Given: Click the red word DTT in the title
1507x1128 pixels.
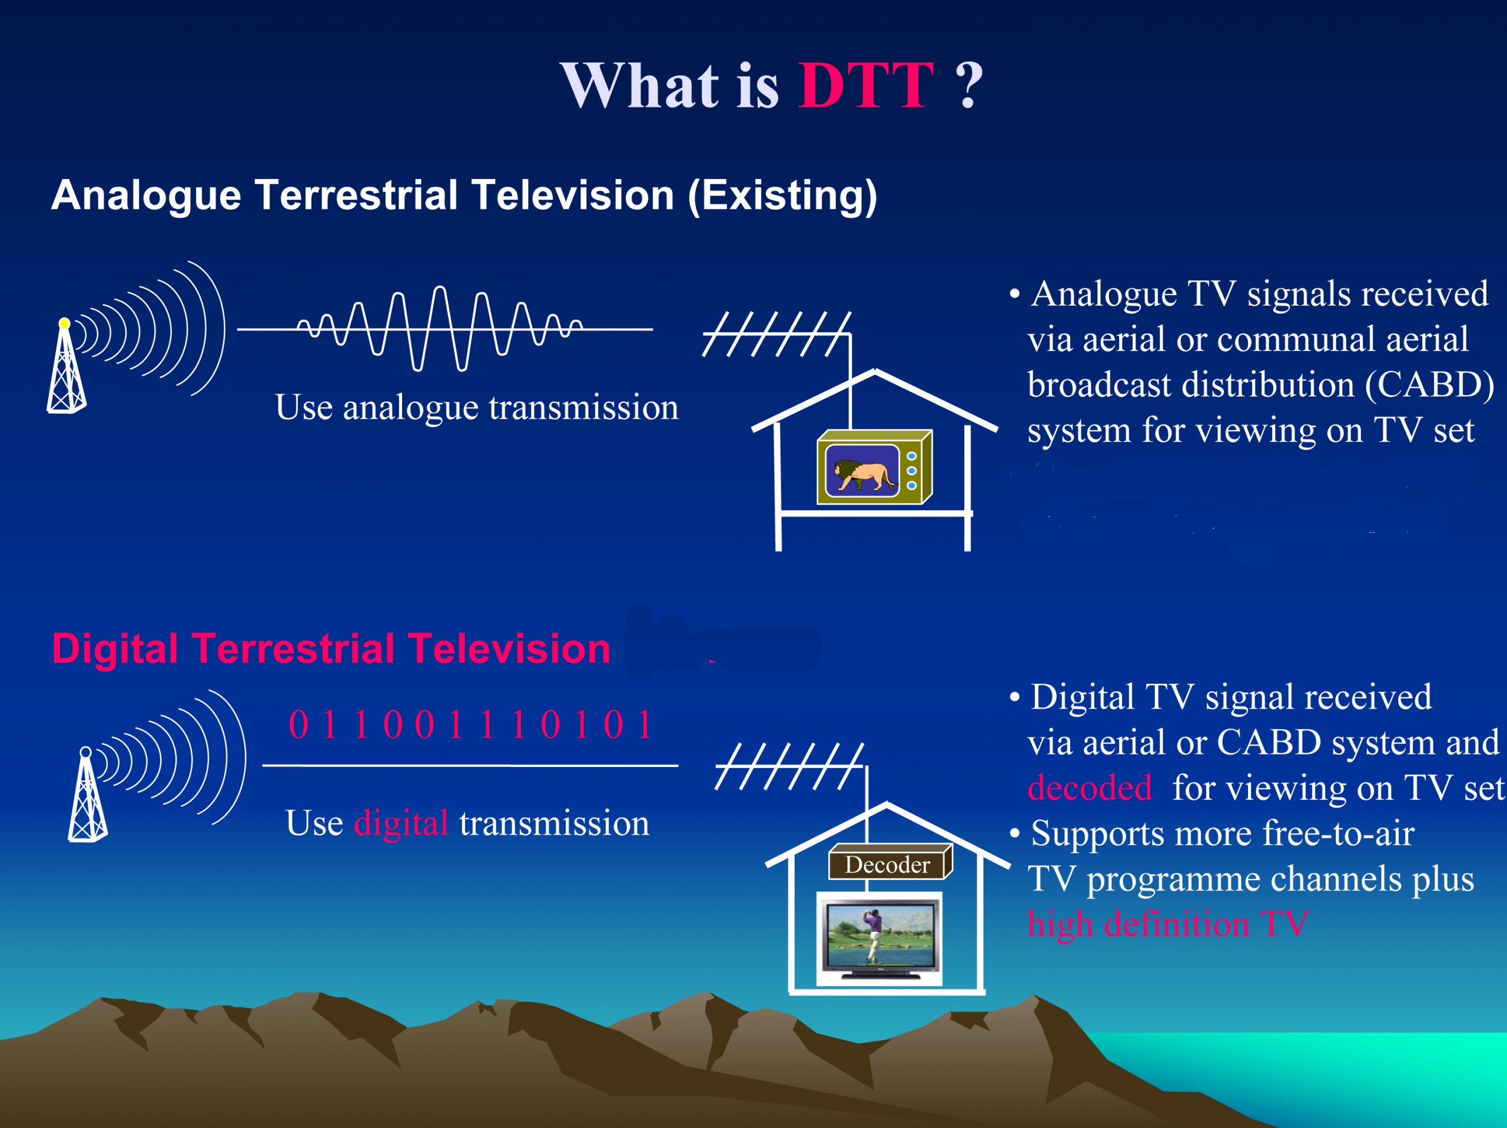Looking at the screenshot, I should (x=865, y=85).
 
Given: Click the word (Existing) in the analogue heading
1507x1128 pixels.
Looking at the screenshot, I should (x=782, y=196).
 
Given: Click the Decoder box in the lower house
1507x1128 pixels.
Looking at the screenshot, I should (x=888, y=864).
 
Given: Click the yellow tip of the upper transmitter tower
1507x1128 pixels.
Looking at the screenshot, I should (x=64, y=323).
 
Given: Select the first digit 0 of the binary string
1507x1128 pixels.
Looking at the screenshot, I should (x=298, y=725).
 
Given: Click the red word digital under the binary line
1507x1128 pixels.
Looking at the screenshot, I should (x=401, y=823).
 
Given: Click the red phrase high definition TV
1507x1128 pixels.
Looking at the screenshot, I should (x=1167, y=924).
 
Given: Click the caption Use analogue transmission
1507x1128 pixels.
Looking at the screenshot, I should (x=476, y=407).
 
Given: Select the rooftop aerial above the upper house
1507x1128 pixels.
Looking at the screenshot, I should (x=776, y=334).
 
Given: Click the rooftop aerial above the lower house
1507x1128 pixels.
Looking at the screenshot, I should (x=789, y=766).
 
